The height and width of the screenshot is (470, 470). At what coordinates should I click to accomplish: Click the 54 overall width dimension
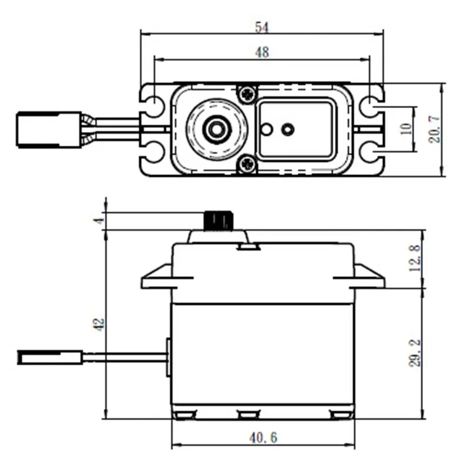coord(261,26)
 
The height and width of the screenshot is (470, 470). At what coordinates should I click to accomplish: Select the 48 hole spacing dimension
coord(261,52)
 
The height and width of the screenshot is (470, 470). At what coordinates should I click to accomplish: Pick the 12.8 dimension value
coord(415,258)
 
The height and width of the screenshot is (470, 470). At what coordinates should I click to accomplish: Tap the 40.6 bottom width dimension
coord(263,438)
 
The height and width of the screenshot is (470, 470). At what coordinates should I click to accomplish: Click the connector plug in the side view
coord(50,357)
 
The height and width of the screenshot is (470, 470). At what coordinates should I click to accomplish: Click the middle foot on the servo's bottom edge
coord(249,415)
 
